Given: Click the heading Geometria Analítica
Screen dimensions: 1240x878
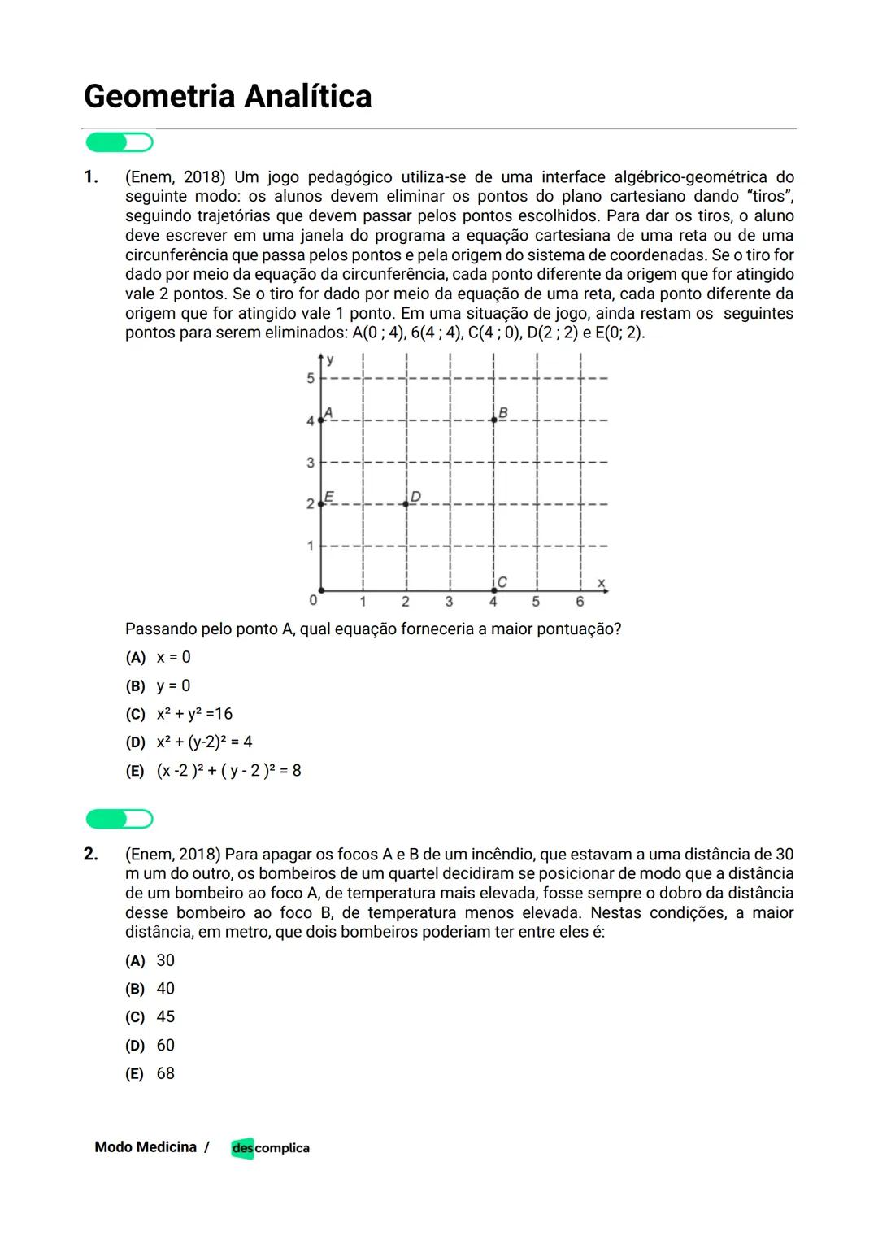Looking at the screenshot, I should pyautogui.click(x=228, y=96).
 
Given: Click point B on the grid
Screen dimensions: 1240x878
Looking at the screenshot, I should pyautogui.click(x=493, y=420).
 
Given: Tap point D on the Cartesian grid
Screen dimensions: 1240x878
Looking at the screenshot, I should pyautogui.click(x=406, y=504).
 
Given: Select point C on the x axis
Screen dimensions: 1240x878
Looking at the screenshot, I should pyautogui.click(x=493, y=590).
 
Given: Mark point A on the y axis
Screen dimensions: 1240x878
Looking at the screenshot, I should pyautogui.click(x=321, y=420).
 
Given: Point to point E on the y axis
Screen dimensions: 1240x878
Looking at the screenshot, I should pyautogui.click(x=321, y=504).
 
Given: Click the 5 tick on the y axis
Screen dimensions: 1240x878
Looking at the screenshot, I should pyautogui.click(x=310, y=378).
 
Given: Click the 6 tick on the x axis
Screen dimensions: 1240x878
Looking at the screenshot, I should pyautogui.click(x=580, y=603).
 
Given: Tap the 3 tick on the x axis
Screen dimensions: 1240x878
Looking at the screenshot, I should pyautogui.click(x=449, y=603).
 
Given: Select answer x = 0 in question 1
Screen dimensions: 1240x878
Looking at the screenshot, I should pyautogui.click(x=173, y=657).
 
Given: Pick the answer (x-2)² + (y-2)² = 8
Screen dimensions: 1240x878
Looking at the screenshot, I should pyautogui.click(x=228, y=771).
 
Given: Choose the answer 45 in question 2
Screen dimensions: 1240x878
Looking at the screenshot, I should pyautogui.click(x=166, y=1017).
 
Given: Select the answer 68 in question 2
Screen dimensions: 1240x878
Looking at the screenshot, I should pyautogui.click(x=166, y=1073).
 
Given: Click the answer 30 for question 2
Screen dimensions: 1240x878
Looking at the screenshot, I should pyautogui.click(x=166, y=960).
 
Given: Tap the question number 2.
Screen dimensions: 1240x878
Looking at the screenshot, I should pyautogui.click(x=91, y=854).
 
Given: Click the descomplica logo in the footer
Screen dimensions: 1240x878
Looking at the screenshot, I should pyautogui.click(x=270, y=1148).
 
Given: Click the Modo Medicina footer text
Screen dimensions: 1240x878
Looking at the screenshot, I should pyautogui.click(x=146, y=1147).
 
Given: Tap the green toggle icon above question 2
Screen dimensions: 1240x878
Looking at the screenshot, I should pyautogui.click(x=120, y=819).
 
